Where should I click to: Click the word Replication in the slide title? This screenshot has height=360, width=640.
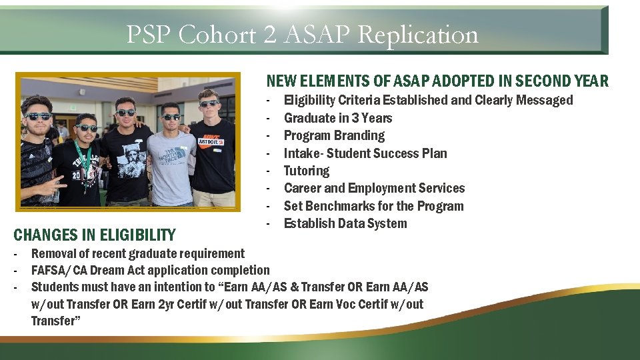point(418,35)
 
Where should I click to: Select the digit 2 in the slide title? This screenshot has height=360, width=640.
point(269,35)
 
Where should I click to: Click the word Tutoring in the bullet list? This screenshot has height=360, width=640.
point(306,171)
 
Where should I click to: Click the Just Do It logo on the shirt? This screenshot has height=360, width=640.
point(210,141)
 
